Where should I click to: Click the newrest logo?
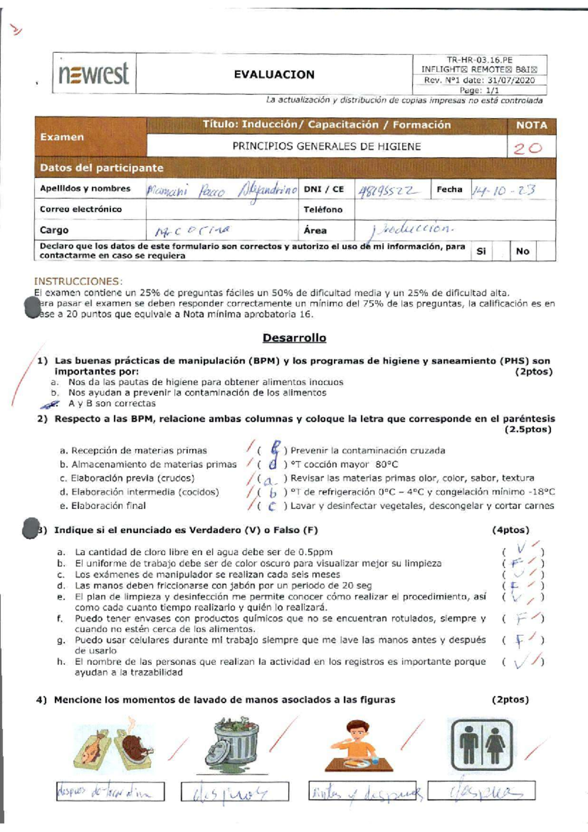click(94, 74)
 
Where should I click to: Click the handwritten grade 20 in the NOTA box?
click(527, 148)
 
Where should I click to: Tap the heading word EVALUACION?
click(274, 74)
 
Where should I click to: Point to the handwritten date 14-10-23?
click(503, 190)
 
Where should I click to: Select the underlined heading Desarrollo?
click(294, 338)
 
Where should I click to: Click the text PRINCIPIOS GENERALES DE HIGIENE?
click(326, 147)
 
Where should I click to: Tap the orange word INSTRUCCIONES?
click(77, 281)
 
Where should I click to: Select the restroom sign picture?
click(481, 745)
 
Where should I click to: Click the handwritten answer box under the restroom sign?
click(481, 791)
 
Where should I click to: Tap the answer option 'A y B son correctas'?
click(112, 404)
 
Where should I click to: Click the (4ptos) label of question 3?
click(510, 530)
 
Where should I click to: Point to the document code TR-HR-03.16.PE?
click(479, 60)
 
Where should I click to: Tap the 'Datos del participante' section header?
click(101, 168)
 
